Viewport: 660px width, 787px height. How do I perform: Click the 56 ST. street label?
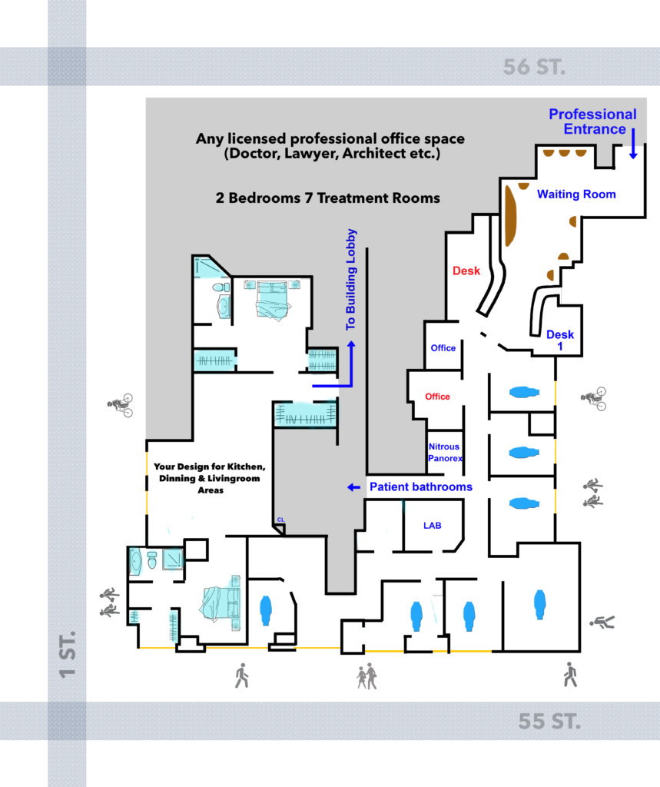[534, 67]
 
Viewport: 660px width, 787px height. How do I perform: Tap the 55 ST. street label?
[549, 721]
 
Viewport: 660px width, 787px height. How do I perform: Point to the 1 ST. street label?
[68, 655]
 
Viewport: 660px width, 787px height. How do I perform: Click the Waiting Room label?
[576, 194]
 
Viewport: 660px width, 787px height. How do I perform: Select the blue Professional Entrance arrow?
[633, 144]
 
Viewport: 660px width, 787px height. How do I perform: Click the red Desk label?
[466, 271]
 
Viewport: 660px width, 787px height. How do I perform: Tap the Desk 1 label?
[560, 340]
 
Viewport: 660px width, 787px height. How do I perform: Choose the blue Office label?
[443, 348]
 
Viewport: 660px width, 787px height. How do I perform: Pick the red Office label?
[437, 397]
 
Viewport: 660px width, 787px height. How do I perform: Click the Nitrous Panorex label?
[445, 452]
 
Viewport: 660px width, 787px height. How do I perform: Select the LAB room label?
[432, 526]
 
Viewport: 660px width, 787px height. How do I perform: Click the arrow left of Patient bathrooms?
[354, 487]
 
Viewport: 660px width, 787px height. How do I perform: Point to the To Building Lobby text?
[351, 280]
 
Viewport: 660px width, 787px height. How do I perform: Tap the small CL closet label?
[280, 520]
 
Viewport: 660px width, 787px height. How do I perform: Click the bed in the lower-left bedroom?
[220, 603]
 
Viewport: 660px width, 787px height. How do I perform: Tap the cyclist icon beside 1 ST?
[121, 405]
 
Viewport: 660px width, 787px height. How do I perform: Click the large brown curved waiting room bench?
[509, 216]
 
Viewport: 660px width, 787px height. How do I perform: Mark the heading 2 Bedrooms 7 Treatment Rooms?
[328, 198]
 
